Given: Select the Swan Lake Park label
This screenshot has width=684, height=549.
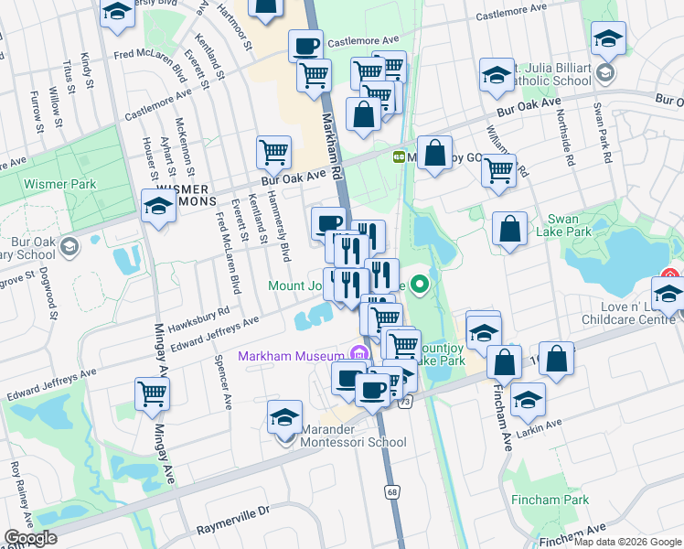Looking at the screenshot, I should [x=570, y=225].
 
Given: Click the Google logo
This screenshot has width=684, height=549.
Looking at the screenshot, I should [x=30, y=538].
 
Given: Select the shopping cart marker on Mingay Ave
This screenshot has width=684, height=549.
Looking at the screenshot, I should [x=152, y=394].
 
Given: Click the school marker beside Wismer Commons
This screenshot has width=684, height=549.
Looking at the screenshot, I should [x=158, y=206].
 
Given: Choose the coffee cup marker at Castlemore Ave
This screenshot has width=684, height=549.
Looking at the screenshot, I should [x=306, y=45].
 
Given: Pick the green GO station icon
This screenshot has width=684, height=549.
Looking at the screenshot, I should [x=400, y=156].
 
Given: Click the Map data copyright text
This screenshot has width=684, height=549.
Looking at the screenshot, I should [x=627, y=541].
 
